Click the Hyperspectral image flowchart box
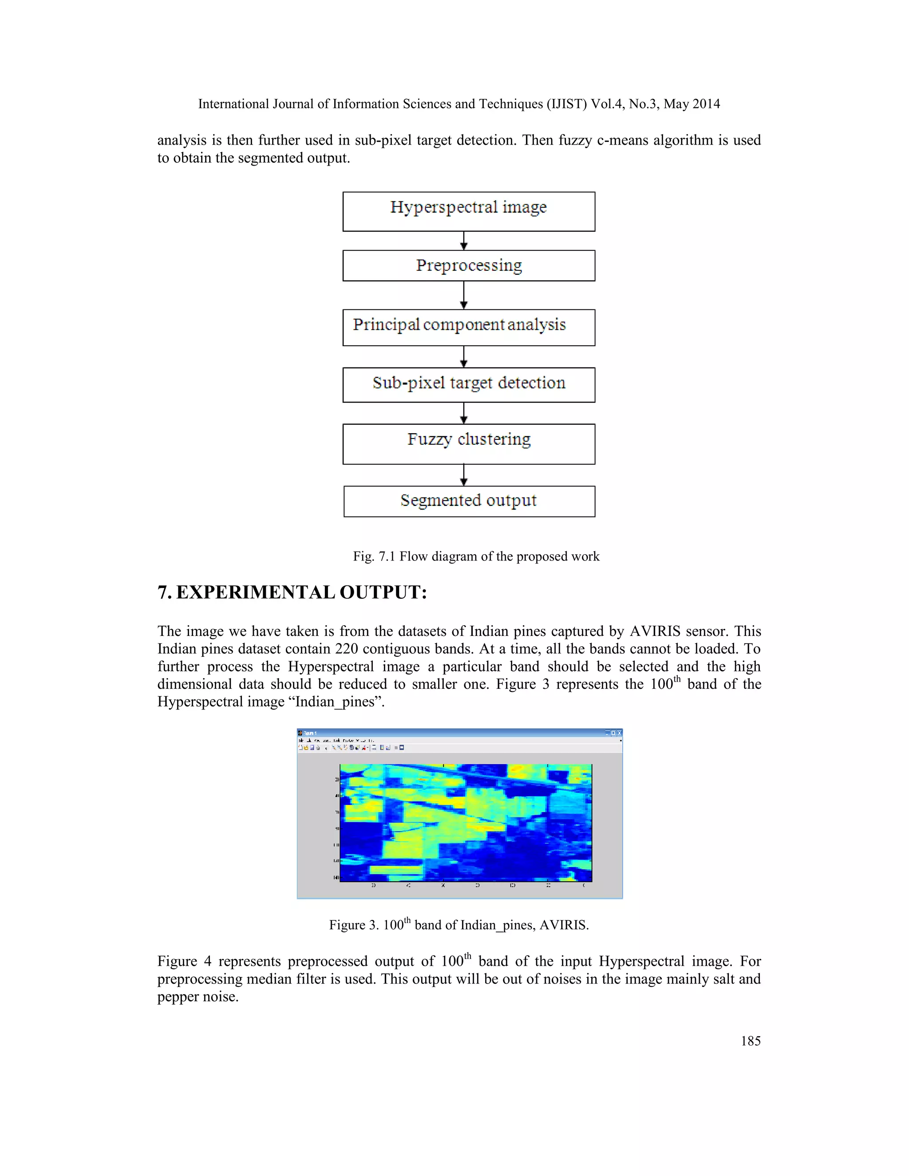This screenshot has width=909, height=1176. [x=469, y=212]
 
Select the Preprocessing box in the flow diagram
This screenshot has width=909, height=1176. [x=469, y=265]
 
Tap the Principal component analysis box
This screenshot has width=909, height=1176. [x=469, y=328]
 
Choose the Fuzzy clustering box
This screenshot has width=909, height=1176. [x=469, y=444]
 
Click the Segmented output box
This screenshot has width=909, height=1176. [x=469, y=501]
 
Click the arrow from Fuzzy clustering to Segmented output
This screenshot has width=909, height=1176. [x=464, y=475]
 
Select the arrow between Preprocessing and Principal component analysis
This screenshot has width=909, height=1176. [x=464, y=295]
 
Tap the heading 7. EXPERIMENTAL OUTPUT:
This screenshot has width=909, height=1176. [x=292, y=592]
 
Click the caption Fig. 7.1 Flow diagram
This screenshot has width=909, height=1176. [x=476, y=556]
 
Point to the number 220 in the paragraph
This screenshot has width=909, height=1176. [x=346, y=649]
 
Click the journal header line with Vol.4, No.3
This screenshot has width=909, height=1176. [x=459, y=104]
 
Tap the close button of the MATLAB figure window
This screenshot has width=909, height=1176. [x=619, y=733]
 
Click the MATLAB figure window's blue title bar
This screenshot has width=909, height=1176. [x=458, y=733]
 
